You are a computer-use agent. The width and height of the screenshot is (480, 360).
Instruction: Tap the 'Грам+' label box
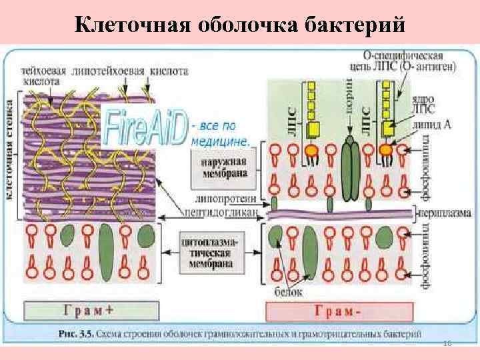[92, 309]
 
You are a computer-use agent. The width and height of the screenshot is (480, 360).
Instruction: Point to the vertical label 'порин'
[349, 100]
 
